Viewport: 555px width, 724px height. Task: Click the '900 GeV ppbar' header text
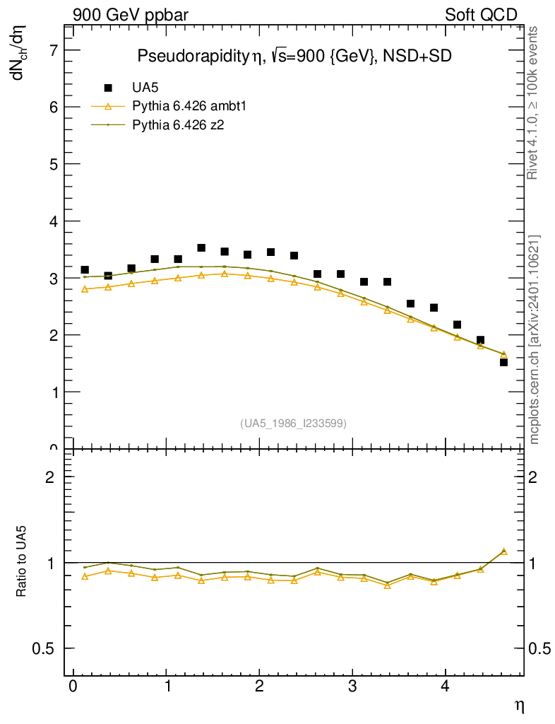pos(130,15)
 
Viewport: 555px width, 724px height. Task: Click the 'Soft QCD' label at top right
pos(481,15)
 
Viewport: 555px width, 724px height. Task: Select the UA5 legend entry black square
pos(108,88)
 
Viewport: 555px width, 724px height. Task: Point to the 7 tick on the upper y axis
pos(52,50)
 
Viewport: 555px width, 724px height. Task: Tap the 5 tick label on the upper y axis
pos(52,164)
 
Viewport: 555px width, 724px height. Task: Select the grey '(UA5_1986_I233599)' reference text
pos(294,424)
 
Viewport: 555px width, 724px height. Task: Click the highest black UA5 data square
pos(201,248)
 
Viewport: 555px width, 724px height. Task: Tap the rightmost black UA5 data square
pos(503,362)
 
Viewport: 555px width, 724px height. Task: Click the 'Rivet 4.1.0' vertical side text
pos(533,103)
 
